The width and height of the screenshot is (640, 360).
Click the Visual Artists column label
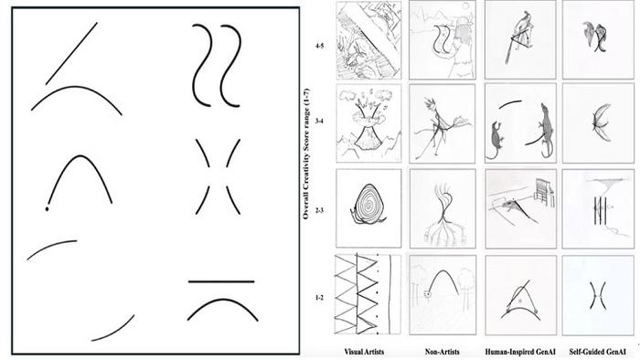click(364, 352)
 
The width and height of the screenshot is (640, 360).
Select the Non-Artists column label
click(442, 352)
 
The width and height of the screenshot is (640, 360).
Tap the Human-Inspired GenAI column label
click(520, 352)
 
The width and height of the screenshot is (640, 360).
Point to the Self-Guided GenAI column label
click(598, 352)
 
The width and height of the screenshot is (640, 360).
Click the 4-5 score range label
click(319, 46)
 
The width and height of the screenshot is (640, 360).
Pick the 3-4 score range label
click(319, 122)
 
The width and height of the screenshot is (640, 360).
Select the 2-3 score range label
click(319, 210)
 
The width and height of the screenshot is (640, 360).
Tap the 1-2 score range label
click(319, 298)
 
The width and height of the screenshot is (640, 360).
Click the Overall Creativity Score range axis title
click(306, 154)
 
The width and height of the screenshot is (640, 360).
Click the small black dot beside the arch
click(47, 209)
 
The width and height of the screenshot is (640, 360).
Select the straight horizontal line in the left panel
click(221, 281)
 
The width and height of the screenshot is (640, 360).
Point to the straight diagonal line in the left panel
click(71, 53)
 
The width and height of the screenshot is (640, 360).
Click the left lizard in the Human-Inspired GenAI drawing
click(496, 140)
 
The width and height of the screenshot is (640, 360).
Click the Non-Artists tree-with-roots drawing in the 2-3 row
click(443, 208)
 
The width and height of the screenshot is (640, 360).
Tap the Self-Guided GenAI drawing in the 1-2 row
click(598, 295)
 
